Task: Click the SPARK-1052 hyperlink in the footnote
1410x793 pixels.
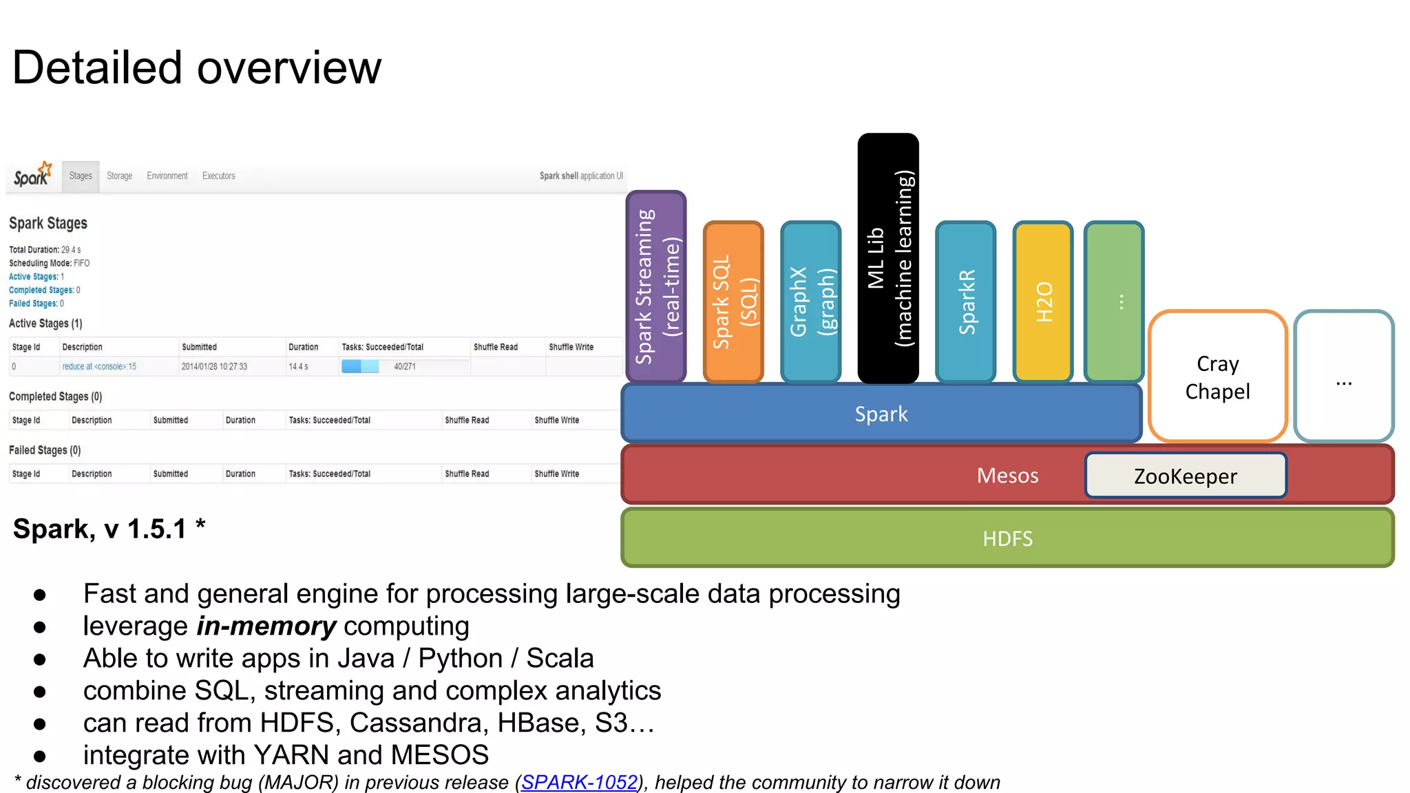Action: (579, 782)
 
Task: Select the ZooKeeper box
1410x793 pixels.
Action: (1185, 476)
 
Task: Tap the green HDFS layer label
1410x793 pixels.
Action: (1007, 538)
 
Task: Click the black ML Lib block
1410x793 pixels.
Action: (888, 258)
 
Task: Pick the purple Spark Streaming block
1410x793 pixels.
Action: (656, 286)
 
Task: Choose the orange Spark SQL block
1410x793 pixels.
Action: (733, 302)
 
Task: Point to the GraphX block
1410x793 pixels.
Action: (811, 302)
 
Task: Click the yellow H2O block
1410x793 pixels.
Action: (1043, 302)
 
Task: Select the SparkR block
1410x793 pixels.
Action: (966, 302)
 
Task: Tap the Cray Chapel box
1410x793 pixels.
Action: (1217, 377)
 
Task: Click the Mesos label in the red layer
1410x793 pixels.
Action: (1007, 476)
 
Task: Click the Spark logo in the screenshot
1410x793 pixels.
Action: (32, 175)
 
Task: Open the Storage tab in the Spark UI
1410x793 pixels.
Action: (119, 176)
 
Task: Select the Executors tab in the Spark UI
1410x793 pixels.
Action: (218, 176)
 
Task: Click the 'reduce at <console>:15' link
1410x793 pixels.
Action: (99, 367)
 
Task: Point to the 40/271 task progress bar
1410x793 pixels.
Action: (405, 366)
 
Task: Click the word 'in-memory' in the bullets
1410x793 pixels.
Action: (266, 626)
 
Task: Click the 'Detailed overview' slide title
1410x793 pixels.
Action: (197, 68)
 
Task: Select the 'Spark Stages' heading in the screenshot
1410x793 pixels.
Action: (48, 223)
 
